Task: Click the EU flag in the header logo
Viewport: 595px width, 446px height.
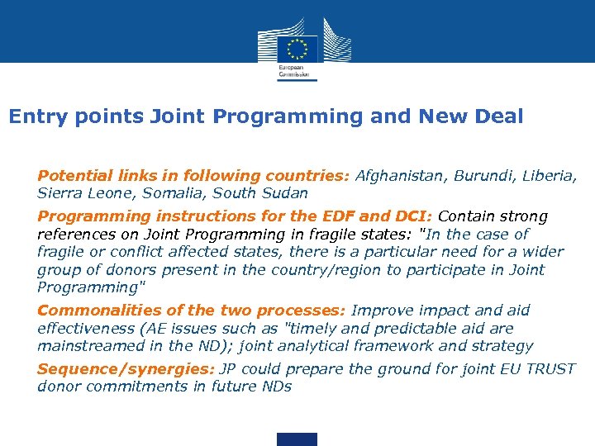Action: pos(297,47)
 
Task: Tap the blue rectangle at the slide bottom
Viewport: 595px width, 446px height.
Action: pos(297,439)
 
